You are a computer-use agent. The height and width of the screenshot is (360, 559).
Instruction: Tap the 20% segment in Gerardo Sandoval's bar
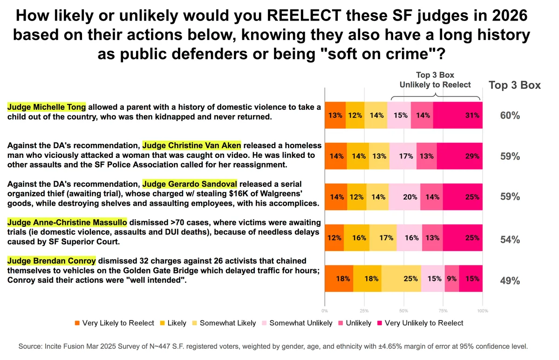click(410, 197)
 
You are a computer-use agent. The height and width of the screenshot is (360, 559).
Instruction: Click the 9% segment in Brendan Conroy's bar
click(452, 279)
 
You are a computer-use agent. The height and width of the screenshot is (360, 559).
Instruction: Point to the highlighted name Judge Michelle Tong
click(47, 107)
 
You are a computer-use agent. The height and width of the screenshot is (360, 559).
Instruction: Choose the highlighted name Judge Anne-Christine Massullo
click(67, 222)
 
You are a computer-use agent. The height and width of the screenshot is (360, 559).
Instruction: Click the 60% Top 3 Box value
click(510, 115)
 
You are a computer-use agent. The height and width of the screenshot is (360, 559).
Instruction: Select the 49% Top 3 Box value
click(510, 280)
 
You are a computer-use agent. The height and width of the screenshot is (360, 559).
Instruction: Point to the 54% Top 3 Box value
click(510, 239)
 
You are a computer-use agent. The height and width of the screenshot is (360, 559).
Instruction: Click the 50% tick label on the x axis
click(403, 310)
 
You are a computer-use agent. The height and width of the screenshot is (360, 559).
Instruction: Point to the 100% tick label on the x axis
click(483, 310)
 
